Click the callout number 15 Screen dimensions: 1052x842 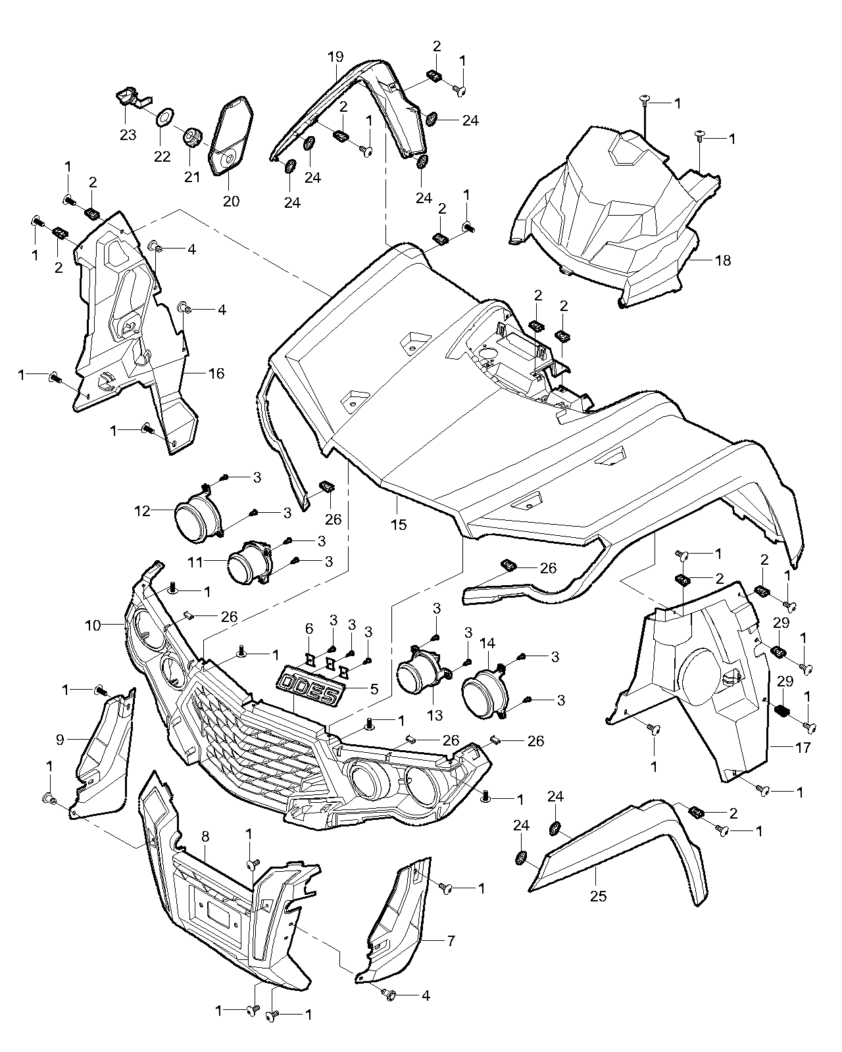click(398, 524)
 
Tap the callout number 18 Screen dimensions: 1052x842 click(722, 260)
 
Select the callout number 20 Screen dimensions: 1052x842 click(231, 201)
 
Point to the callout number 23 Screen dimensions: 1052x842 click(128, 135)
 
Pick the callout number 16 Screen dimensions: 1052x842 click(309, 629)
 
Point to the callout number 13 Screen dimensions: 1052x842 click(435, 714)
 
